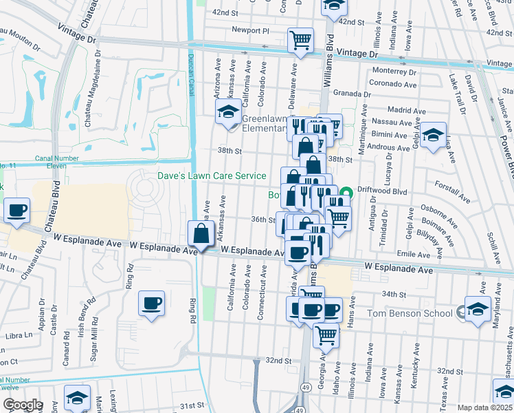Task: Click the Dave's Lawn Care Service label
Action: click(212, 176)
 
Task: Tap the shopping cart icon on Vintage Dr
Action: click(301, 41)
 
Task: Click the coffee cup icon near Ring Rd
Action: click(151, 303)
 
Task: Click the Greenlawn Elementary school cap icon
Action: click(229, 113)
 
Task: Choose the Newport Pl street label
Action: click(251, 30)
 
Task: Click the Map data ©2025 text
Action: click(484, 407)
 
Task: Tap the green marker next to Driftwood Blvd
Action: click(347, 192)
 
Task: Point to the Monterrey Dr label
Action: click(394, 72)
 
